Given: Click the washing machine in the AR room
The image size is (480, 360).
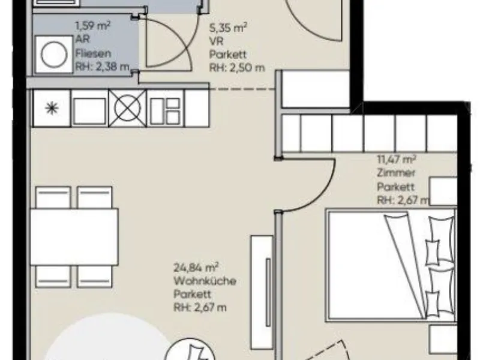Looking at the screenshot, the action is click(54, 55).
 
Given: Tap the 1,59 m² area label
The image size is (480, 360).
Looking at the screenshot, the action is click(93, 25).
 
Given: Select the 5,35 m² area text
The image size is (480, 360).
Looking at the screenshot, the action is click(228, 28).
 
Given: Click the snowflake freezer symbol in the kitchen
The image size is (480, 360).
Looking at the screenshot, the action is click(52, 108).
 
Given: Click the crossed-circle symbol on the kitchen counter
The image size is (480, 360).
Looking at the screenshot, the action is click(127, 108).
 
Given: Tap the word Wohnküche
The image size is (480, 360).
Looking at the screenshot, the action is click(205, 281).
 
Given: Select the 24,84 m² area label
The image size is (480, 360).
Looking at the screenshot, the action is click(196, 267).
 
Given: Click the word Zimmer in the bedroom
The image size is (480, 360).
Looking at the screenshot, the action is click(396, 173).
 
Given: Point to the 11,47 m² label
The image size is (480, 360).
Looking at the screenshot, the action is click(397, 160).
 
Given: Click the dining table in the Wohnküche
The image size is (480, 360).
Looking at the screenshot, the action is click(74, 237).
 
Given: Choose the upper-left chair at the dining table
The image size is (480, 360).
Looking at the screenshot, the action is click(53, 197).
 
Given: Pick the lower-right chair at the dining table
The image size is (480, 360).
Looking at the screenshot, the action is click(94, 277).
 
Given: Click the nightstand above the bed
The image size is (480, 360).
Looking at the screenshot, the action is click(443, 191).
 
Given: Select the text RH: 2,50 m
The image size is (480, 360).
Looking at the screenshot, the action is click(236, 68).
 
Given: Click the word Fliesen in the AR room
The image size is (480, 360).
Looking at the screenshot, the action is click(94, 53).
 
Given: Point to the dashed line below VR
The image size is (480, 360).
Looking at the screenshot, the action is click(242, 89).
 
